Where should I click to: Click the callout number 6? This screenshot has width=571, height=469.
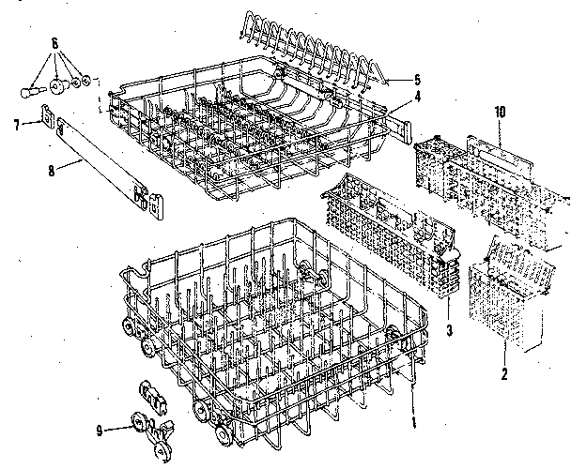click(x=54, y=43)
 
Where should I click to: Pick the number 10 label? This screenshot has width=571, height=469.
click(x=501, y=112)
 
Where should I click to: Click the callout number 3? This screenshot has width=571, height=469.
click(x=450, y=329)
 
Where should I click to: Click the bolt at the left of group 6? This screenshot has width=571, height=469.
click(x=31, y=91)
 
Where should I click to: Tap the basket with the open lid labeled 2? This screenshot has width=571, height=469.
click(x=507, y=300)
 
